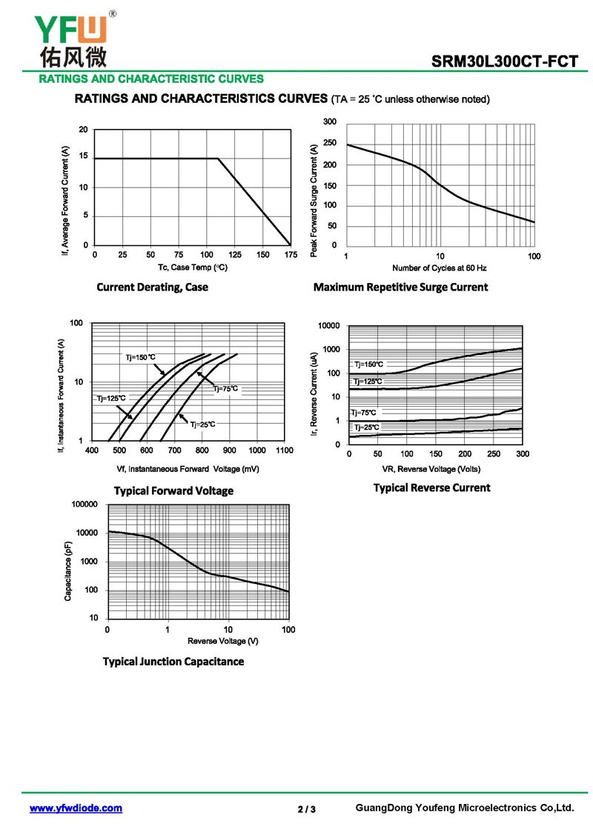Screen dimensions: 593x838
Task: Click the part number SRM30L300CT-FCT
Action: pyautogui.click(x=504, y=61)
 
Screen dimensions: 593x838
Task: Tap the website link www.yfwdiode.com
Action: pyautogui.click(x=76, y=808)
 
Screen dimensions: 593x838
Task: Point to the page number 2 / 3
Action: pyautogui.click(x=306, y=809)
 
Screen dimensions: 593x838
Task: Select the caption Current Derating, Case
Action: pyautogui.click(x=153, y=287)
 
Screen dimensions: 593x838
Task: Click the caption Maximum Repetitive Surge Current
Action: pyautogui.click(x=400, y=287)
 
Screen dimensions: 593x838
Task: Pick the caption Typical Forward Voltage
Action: pyautogui.click(x=173, y=491)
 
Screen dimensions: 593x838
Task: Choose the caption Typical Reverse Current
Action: pyautogui.click(x=431, y=488)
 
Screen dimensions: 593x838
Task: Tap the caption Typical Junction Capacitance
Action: pyautogui.click(x=173, y=661)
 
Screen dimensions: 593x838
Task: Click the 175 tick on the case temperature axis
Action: pyautogui.click(x=291, y=255)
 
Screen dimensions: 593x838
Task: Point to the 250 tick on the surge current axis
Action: pyautogui.click(x=330, y=143)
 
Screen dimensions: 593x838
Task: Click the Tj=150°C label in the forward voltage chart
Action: pyautogui.click(x=141, y=357)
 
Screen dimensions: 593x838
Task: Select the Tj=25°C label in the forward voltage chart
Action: pyautogui.click(x=202, y=425)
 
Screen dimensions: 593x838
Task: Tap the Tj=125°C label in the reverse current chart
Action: pyautogui.click(x=368, y=382)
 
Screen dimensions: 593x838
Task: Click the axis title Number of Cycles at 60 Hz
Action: pyautogui.click(x=439, y=267)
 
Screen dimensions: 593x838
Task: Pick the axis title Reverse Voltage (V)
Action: pyautogui.click(x=223, y=641)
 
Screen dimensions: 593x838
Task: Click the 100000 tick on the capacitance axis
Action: pyautogui.click(x=85, y=504)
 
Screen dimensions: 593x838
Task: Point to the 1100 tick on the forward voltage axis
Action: pyautogui.click(x=285, y=450)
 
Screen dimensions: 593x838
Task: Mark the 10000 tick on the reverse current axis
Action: pyautogui.click(x=329, y=325)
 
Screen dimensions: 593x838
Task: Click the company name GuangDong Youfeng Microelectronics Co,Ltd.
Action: pyautogui.click(x=465, y=808)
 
